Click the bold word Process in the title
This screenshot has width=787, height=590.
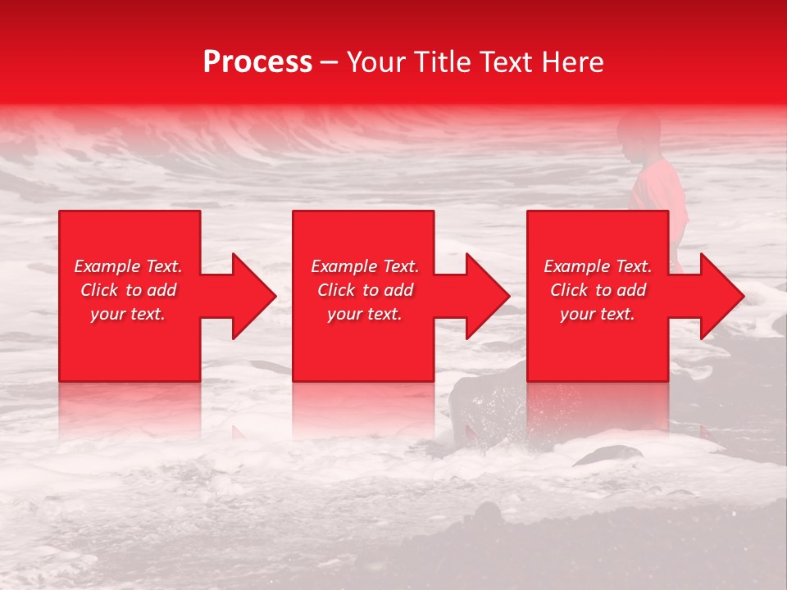[x=257, y=62]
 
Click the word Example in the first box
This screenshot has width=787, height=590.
[x=107, y=266]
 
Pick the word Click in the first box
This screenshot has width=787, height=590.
[x=99, y=290]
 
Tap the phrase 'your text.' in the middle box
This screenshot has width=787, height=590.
[x=364, y=314]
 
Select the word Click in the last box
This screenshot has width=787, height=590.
[x=569, y=290]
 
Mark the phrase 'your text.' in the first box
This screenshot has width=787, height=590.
[x=128, y=314]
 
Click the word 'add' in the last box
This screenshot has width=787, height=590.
[x=632, y=290]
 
